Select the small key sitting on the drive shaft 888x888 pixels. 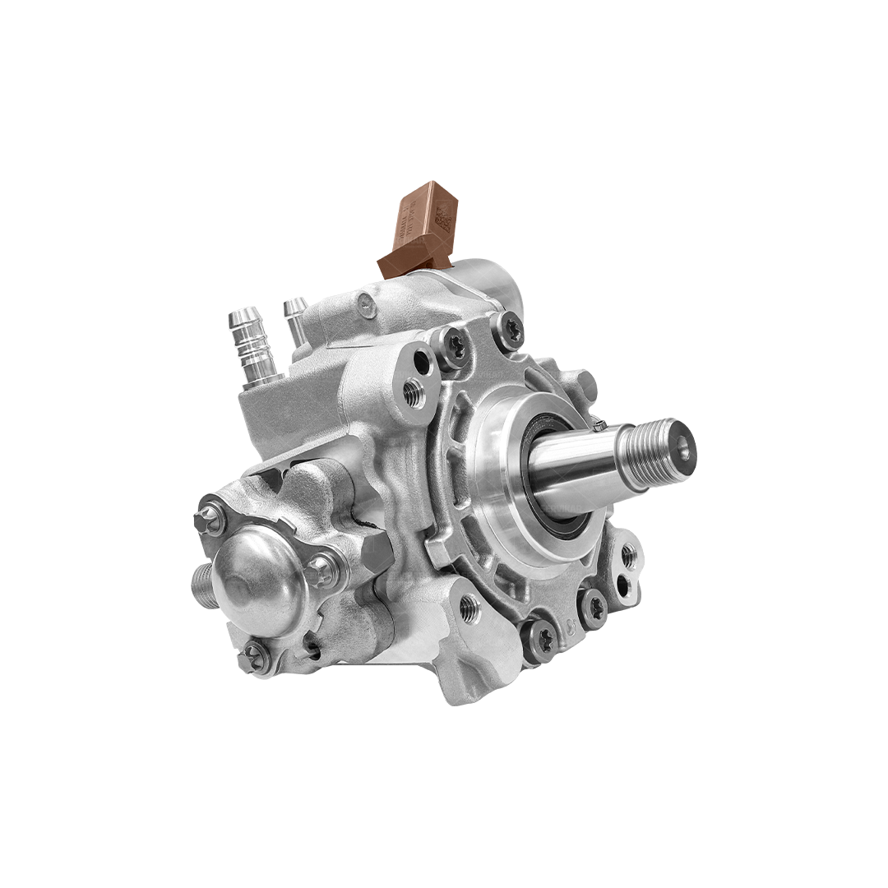[x=600, y=425]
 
